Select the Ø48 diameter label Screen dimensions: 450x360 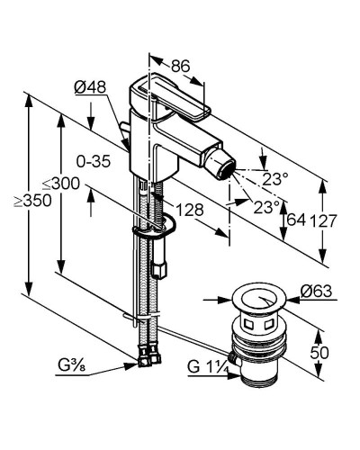(90, 87)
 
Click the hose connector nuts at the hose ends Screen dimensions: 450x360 (145, 361)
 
